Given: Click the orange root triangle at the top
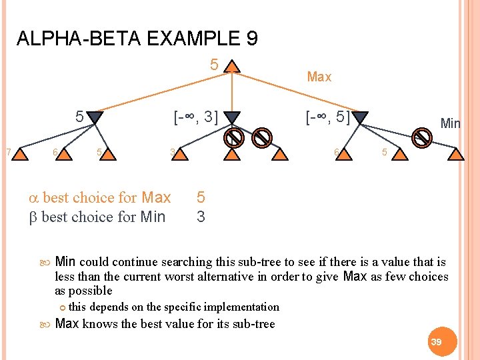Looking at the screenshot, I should point(231,67).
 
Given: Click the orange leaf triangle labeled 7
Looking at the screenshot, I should point(21,155).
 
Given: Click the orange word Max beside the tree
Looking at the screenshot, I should point(319,77).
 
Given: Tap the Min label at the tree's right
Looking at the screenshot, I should point(451,123).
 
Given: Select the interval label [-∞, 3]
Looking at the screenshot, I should point(196,118).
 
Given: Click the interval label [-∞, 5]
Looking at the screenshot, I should point(327,118).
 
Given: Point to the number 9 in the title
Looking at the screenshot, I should point(251,38).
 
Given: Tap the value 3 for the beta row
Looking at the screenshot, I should point(201,217).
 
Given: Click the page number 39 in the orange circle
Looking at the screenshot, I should point(437,341).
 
